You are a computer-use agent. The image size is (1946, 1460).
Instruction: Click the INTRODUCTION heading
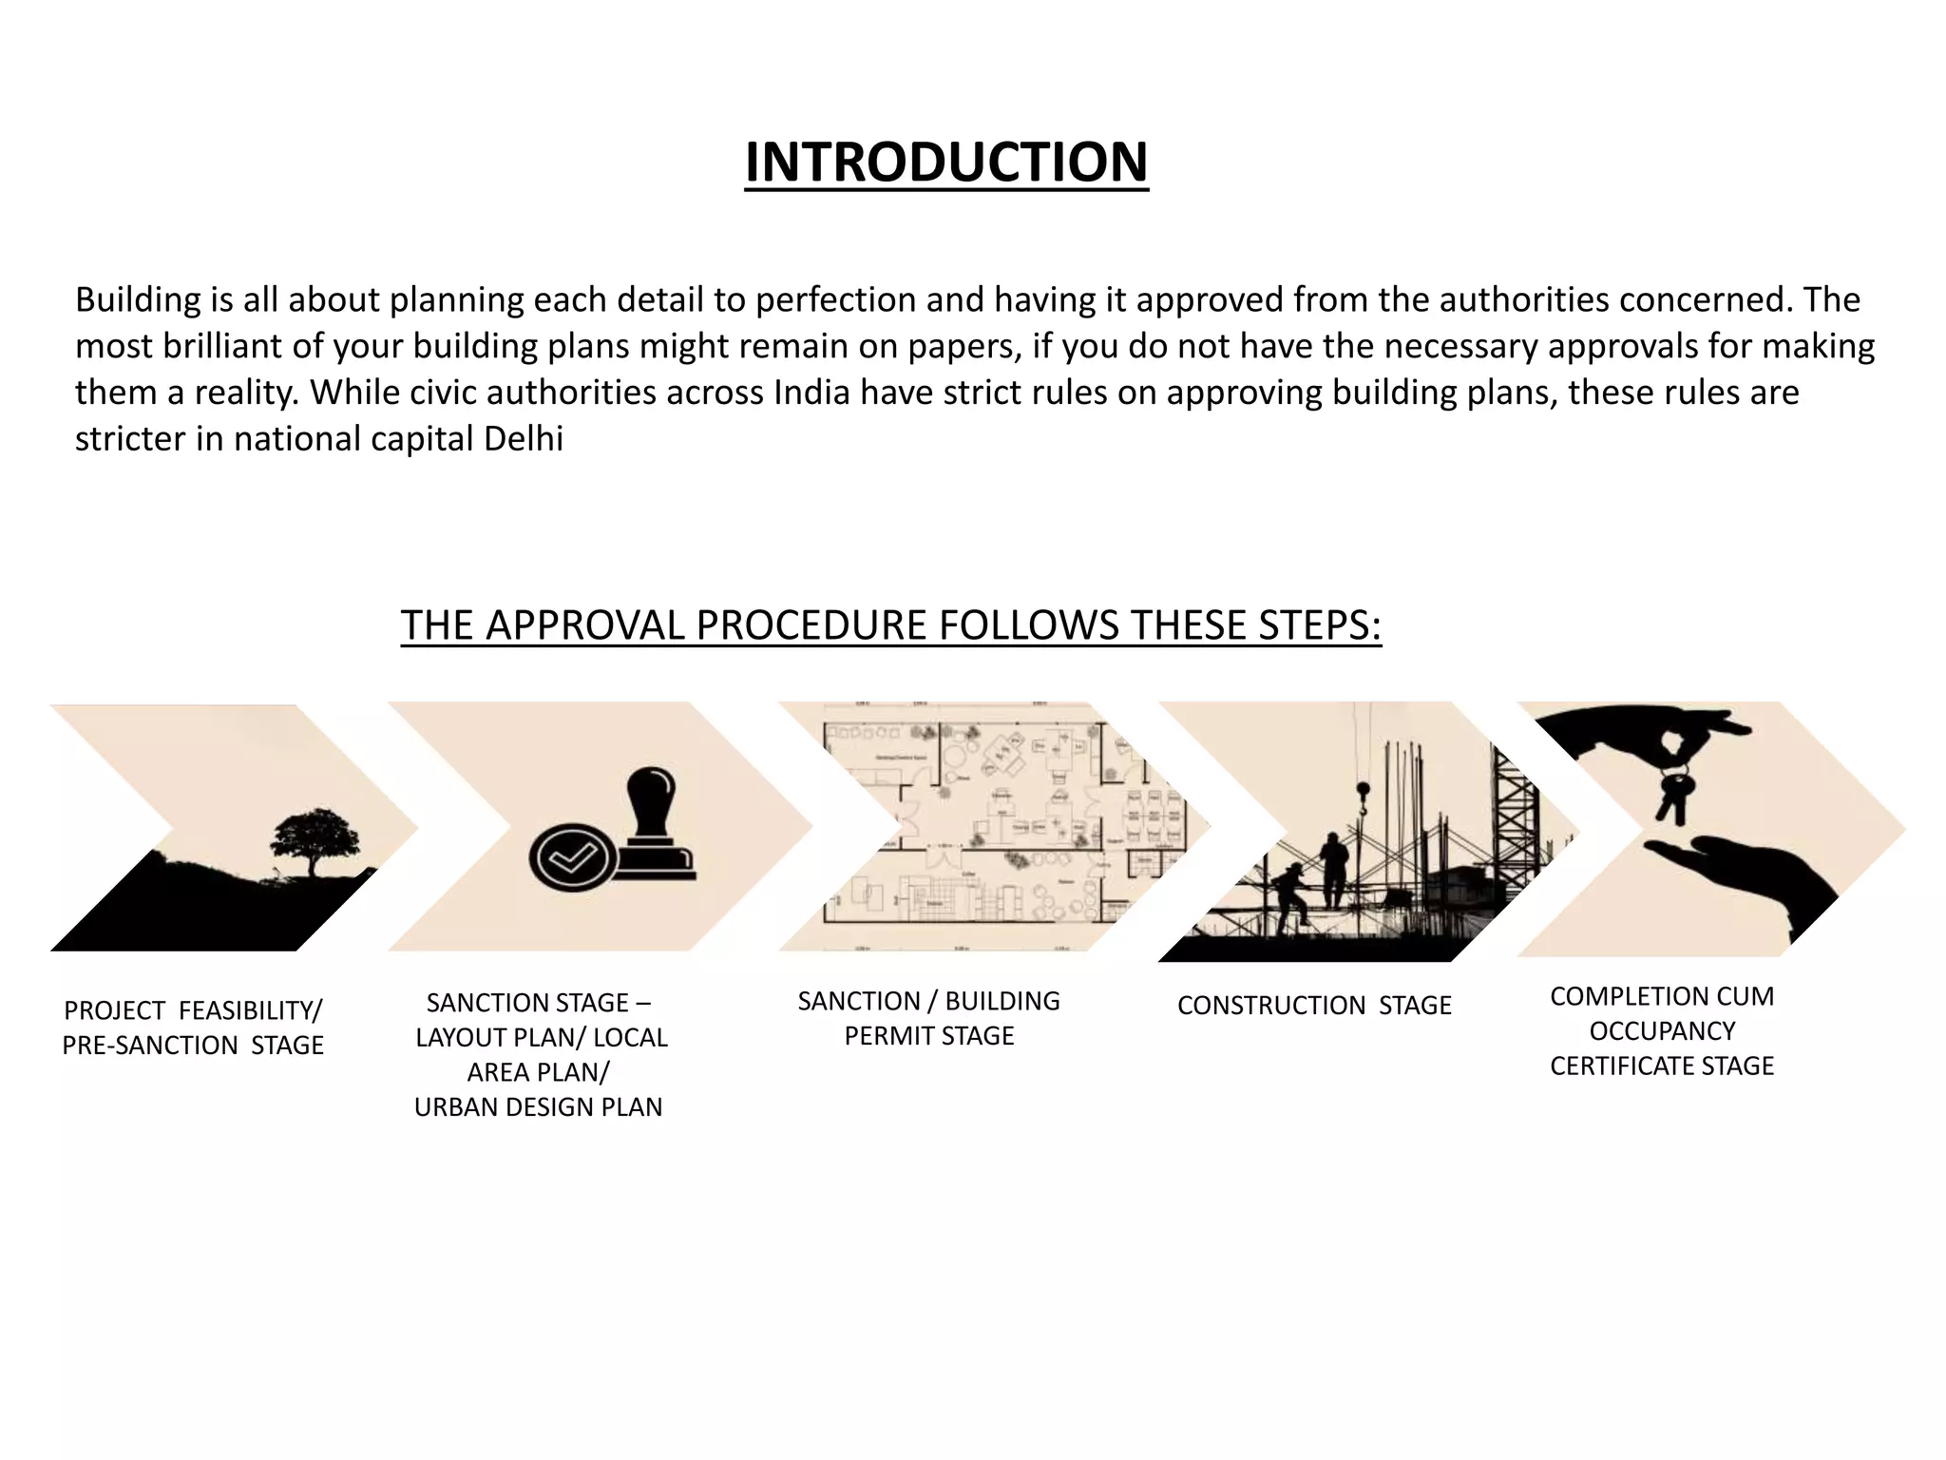tap(946, 163)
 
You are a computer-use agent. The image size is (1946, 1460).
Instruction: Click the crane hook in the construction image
tap(1363, 797)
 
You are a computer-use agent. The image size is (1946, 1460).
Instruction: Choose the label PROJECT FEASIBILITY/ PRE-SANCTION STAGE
tap(193, 1028)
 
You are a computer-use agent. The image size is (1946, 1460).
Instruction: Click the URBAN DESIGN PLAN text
tap(538, 1107)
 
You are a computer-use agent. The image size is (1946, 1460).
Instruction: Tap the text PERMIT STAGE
tap(928, 1036)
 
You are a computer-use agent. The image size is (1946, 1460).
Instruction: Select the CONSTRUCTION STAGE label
tap(1314, 1006)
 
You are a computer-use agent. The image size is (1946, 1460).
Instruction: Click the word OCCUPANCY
tap(1662, 1031)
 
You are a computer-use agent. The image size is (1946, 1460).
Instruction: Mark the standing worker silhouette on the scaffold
tap(1334, 867)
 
